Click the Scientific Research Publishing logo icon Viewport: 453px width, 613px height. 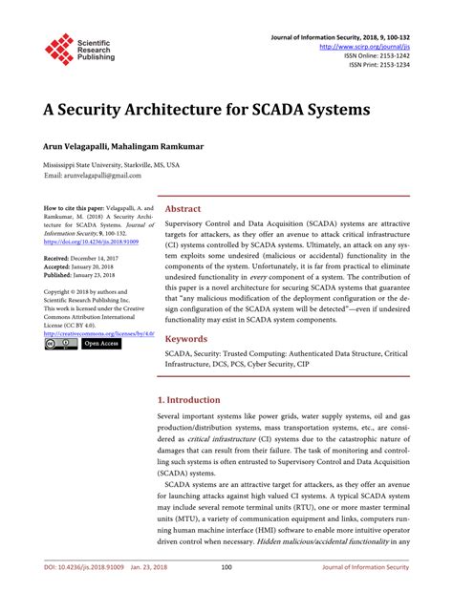click(59, 50)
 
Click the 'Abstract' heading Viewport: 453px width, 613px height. click(183, 208)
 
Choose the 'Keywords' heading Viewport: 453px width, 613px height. click(187, 339)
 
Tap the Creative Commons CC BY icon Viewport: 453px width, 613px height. click(60, 344)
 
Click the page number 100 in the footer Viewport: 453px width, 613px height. click(226, 594)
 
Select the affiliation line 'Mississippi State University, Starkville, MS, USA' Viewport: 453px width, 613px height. click(111, 165)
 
